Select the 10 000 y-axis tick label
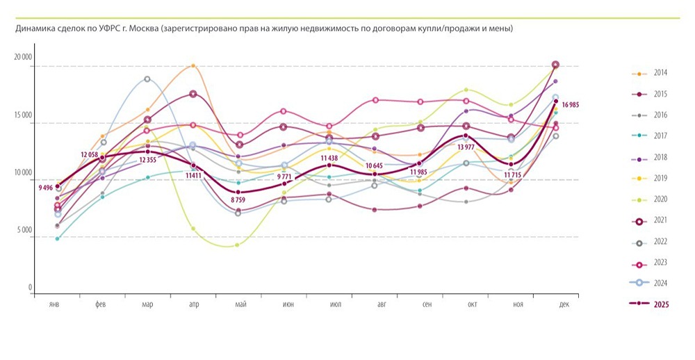[x=23, y=173]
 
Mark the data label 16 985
[x=570, y=105]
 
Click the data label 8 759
[x=238, y=200]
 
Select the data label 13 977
[x=466, y=147]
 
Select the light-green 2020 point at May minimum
[x=238, y=245]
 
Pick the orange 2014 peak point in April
[x=193, y=66]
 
